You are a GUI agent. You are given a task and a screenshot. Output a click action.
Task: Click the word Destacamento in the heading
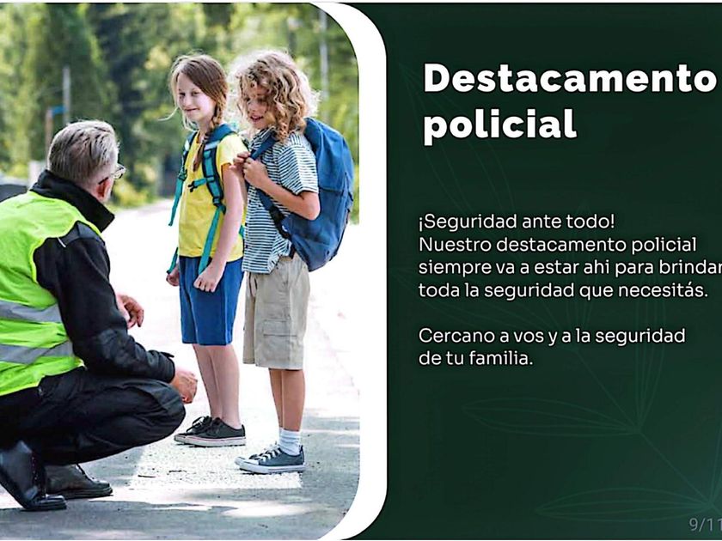(x=570, y=78)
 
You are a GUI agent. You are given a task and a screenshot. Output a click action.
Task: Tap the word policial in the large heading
(x=499, y=125)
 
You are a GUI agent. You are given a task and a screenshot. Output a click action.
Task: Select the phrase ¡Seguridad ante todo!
(x=517, y=222)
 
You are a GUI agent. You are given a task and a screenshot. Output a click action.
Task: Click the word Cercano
(x=456, y=336)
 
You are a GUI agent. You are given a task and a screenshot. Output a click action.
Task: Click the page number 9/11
(x=706, y=524)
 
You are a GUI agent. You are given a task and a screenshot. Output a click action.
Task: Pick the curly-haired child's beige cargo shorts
(x=276, y=313)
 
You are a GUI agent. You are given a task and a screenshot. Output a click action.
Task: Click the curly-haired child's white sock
(x=291, y=441)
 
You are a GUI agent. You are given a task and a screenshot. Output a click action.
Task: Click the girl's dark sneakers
(x=211, y=433)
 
